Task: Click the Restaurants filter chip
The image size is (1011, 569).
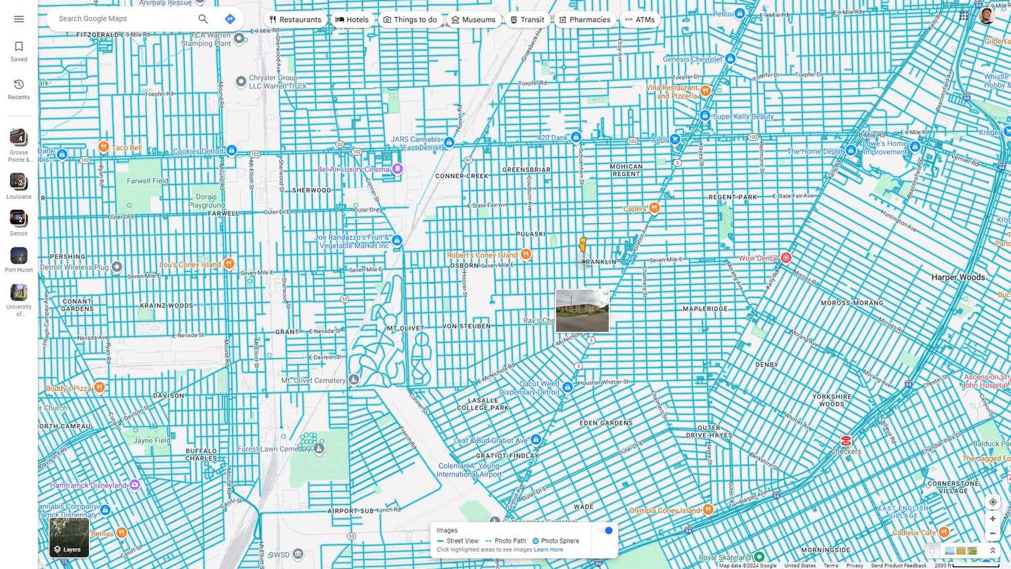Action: coord(295,20)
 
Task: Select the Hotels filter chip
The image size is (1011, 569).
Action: coord(352,20)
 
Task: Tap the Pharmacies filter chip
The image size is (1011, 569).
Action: coord(584,20)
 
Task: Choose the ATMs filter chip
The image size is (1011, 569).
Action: coord(640,20)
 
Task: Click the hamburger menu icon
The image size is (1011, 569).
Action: coord(19,19)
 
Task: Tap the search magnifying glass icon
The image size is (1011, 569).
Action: coord(203,19)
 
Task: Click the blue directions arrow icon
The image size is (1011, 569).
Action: coord(230,19)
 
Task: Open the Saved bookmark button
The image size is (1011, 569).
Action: coord(19,51)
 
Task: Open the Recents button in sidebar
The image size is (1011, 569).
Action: coord(19,88)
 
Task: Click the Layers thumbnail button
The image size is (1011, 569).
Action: coord(69,537)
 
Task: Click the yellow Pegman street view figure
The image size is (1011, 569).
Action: coord(583,245)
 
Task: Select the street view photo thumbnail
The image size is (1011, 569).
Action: coord(582,311)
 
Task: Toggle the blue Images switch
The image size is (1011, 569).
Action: coord(606,531)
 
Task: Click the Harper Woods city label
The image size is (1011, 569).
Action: coord(958,277)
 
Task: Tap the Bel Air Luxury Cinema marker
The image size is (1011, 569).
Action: coord(398,169)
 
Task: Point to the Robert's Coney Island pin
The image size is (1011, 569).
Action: coord(526,254)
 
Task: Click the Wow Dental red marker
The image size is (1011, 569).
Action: coord(786,258)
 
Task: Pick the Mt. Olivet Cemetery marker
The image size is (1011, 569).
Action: coord(354,380)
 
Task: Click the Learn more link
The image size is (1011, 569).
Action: coord(548,549)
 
